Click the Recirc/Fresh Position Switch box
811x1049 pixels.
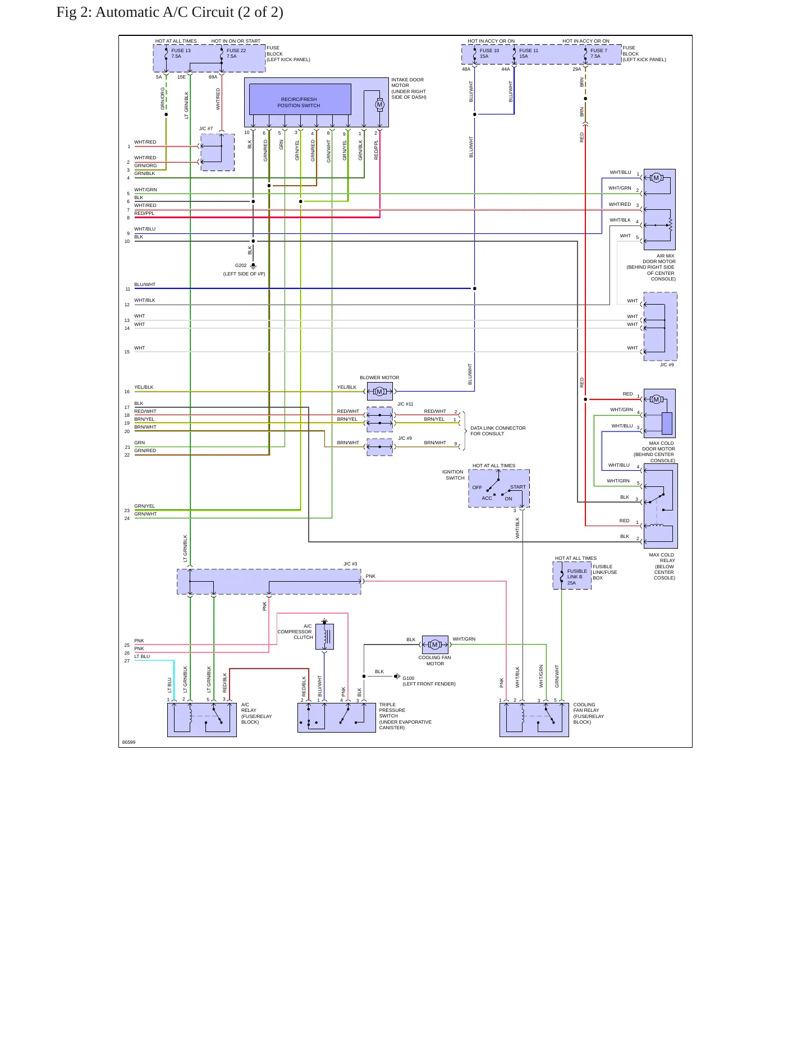[x=300, y=99]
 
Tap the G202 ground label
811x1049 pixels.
[x=241, y=266]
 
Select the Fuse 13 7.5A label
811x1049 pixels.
[x=181, y=53]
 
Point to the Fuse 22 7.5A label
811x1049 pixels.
[x=236, y=53]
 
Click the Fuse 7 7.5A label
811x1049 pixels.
[x=598, y=53]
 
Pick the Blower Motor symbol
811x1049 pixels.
[x=380, y=392]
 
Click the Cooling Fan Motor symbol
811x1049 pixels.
[x=435, y=645]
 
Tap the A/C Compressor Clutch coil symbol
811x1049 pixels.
[x=324, y=637]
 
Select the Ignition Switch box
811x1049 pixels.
[x=499, y=489]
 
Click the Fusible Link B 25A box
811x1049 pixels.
[x=572, y=576]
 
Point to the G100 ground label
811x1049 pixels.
[x=409, y=678]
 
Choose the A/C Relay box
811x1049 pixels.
[x=202, y=720]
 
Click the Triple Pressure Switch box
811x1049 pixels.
[x=337, y=717]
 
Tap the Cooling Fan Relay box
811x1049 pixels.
[x=534, y=720]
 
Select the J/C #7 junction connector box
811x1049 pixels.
[x=218, y=152]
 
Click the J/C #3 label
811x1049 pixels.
[x=350, y=564]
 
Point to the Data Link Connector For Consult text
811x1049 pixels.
[x=498, y=431]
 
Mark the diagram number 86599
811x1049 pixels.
[x=129, y=742]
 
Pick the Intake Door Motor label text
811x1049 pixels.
[x=409, y=89]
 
